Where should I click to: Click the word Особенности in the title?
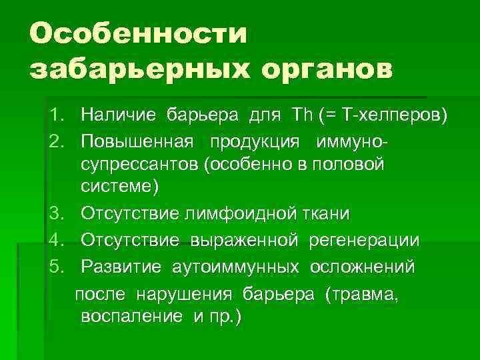click(x=139, y=33)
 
